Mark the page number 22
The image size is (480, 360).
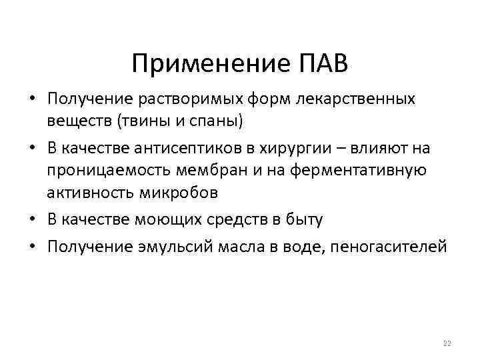click(447, 343)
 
